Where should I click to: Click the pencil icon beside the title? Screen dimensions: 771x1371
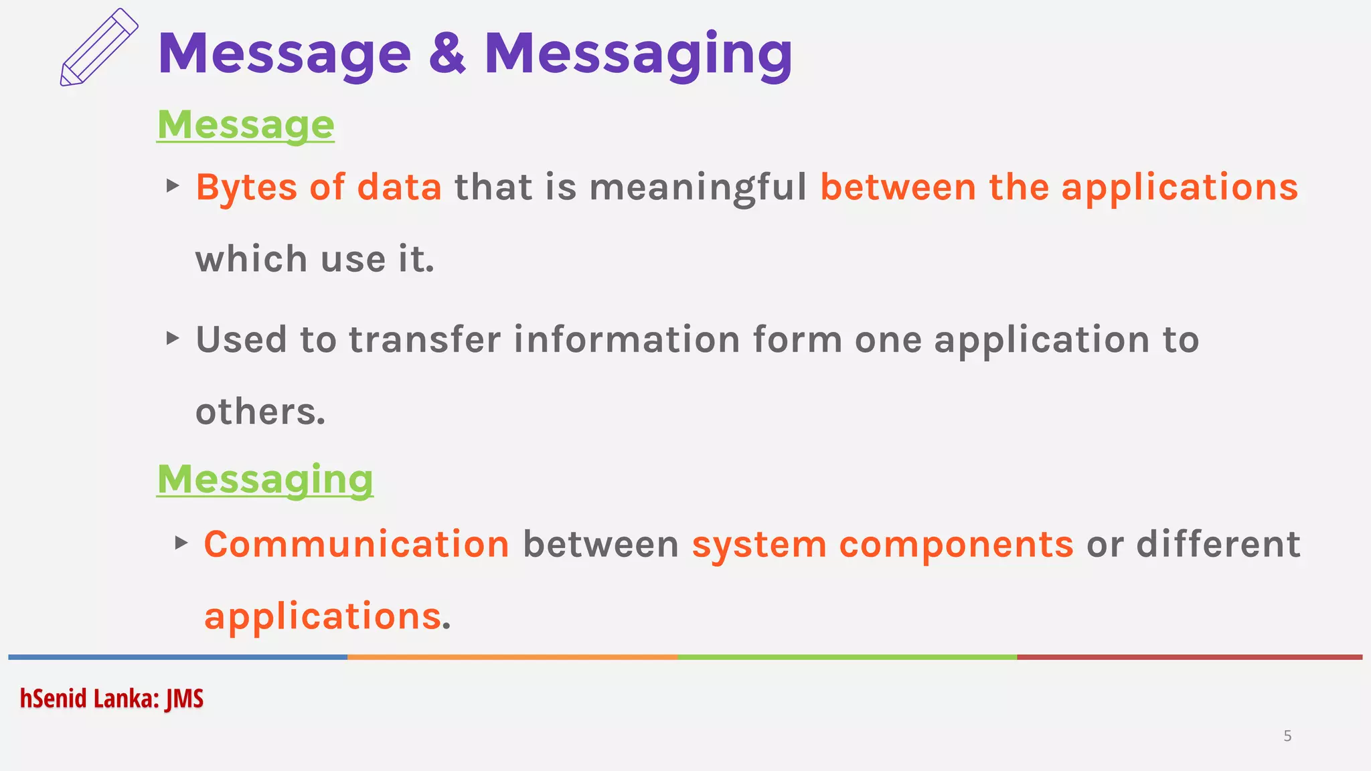(99, 48)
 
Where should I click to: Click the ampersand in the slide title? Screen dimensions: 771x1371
(447, 53)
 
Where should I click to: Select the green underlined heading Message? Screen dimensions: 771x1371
(246, 124)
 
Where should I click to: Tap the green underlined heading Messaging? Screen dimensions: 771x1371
(265, 479)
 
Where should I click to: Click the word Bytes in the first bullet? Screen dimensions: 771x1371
(246, 187)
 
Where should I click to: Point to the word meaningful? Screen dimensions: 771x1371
(698, 187)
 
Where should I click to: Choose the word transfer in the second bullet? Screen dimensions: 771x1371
(424, 339)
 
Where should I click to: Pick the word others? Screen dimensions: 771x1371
(260, 412)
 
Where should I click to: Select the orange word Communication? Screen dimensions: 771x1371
(356, 544)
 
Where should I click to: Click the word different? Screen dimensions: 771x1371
(1218, 544)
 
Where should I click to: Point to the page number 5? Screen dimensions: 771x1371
(1287, 736)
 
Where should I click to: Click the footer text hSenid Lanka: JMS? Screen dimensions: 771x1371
(112, 699)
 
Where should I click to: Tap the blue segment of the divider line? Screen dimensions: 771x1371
(177, 657)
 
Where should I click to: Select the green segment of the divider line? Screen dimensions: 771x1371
(847, 657)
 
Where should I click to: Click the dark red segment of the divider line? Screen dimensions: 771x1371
(1189, 657)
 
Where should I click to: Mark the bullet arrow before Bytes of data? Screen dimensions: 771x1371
(173, 185)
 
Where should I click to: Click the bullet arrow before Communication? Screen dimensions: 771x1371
(181, 542)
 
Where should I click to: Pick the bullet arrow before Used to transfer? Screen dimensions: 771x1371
(173, 338)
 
